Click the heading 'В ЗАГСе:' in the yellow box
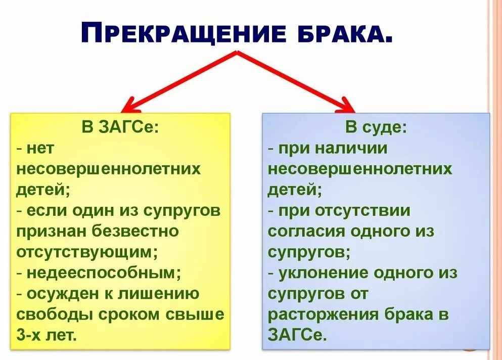pyautogui.click(x=120, y=127)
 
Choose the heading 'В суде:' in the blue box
pyautogui.click(x=376, y=127)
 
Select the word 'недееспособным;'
pyautogui.click(x=104, y=273)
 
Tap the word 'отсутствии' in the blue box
pyautogui.click(x=362, y=210)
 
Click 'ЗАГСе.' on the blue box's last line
pyautogui.click(x=297, y=335)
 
